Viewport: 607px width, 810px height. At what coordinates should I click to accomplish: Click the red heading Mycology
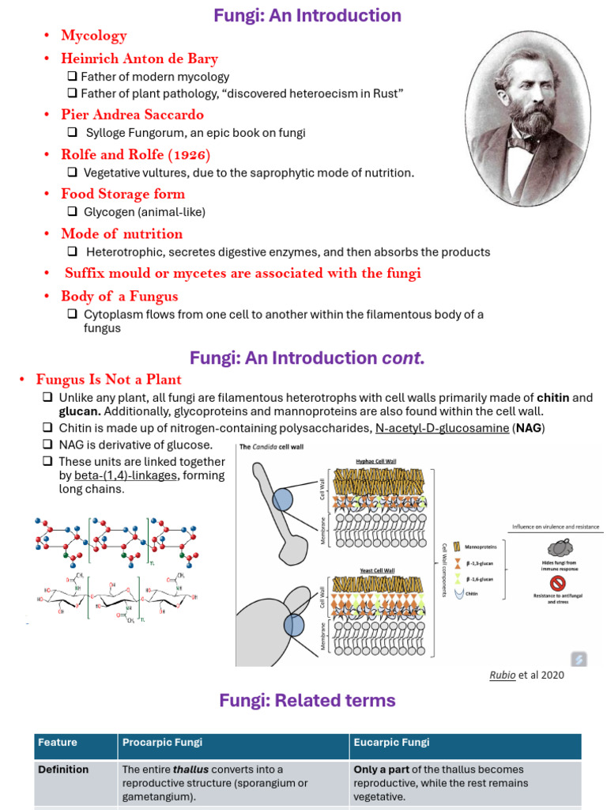pos(93,36)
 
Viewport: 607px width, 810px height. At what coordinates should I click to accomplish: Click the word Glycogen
pos(109,212)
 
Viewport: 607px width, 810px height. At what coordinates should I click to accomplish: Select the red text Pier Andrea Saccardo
pos(132,115)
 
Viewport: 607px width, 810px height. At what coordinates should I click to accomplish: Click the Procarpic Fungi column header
pos(162,742)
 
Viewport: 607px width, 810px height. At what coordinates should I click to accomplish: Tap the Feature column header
pos(58,742)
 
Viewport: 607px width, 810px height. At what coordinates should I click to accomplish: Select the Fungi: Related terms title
pos(307,700)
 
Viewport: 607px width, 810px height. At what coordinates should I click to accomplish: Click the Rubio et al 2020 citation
pos(528,675)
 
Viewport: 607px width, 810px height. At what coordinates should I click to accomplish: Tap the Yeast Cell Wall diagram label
pos(376,570)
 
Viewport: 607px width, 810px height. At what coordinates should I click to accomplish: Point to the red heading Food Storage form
pos(123,194)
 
